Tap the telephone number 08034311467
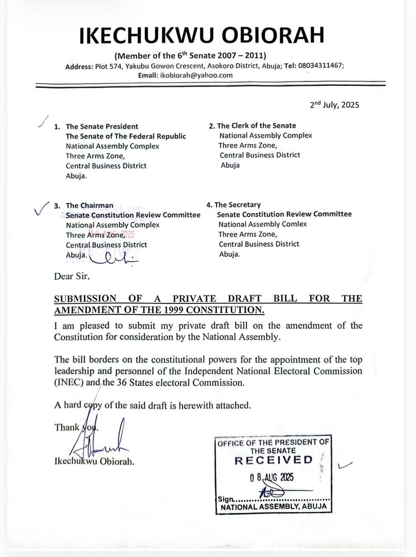(321, 66)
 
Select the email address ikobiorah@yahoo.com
(196, 75)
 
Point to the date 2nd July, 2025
(334, 105)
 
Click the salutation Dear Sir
(72, 276)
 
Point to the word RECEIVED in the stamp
(274, 460)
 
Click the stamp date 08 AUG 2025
(272, 477)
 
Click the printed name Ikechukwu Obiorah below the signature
(94, 462)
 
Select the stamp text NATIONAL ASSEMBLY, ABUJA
(274, 507)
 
